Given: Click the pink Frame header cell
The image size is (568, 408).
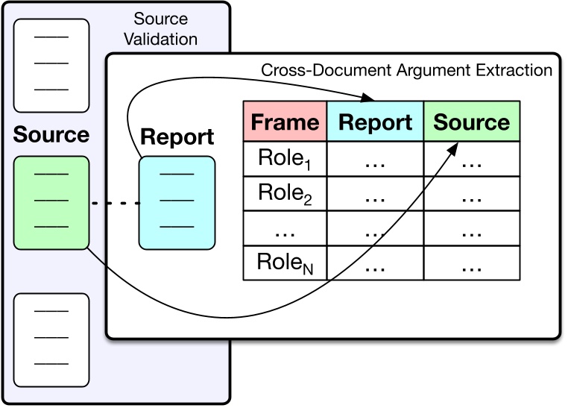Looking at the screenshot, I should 284,122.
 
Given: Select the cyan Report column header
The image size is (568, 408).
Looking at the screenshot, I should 374,122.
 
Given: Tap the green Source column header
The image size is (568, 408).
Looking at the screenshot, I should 472,122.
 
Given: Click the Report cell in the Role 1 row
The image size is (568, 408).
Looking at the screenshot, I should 374,160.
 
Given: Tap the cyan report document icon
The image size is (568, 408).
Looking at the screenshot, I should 177,203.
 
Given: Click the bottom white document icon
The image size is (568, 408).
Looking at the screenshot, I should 51,339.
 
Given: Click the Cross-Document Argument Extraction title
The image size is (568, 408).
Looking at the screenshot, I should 406,71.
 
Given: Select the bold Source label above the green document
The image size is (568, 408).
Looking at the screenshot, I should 51,135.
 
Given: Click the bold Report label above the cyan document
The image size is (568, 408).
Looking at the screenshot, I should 177,137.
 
